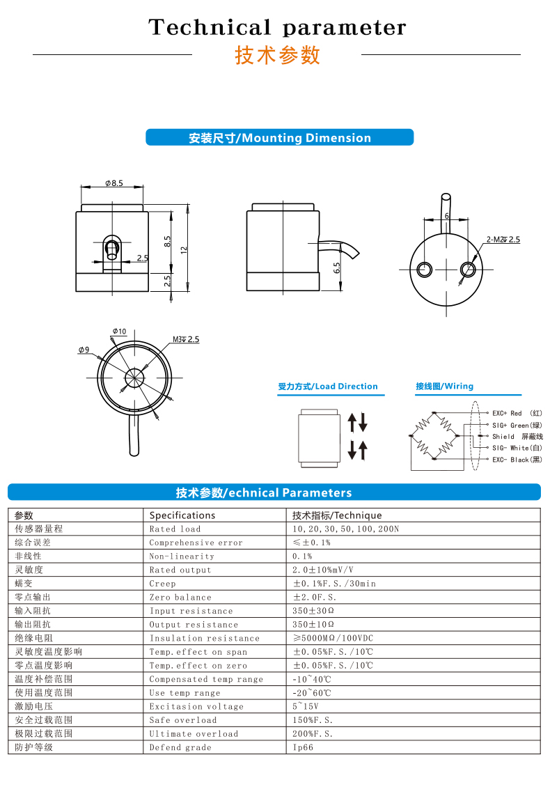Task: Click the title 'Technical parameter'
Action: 276,28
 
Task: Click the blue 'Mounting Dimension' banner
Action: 279,138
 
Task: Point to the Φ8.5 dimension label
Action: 114,183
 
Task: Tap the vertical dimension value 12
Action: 184,249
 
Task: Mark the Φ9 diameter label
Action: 84,350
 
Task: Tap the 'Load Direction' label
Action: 327,387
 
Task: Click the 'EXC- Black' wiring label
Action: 517,460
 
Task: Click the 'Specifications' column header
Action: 182,515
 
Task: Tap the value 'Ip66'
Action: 303,747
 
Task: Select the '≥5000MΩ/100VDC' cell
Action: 333,638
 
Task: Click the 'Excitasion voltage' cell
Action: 196,706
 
